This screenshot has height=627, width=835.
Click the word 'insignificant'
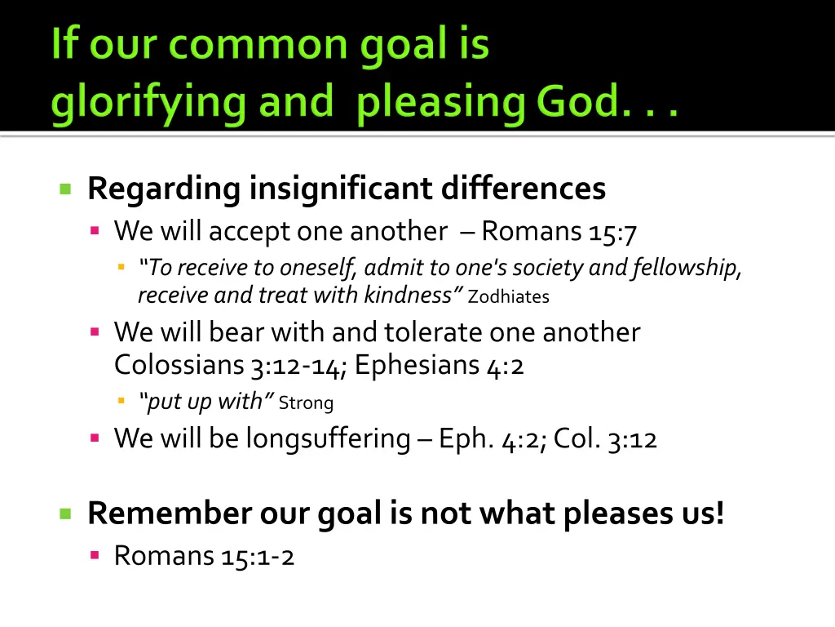(341, 189)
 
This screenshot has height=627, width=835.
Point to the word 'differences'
(524, 189)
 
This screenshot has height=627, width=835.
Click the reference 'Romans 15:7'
(559, 232)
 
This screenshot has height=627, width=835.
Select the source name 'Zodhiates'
(509, 297)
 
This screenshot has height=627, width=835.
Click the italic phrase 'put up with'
(206, 401)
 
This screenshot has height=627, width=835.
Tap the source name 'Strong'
(306, 402)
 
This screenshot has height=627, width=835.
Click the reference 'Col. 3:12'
(605, 439)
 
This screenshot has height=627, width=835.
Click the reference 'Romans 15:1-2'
(204, 556)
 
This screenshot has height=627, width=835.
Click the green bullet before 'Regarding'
(65, 189)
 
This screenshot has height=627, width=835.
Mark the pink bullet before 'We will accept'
(95, 232)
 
